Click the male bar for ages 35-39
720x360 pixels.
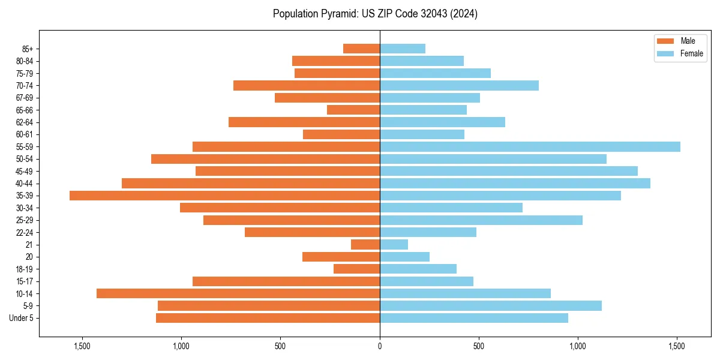224,196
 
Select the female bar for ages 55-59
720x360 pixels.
530,146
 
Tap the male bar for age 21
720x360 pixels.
365,245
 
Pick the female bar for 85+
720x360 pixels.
403,49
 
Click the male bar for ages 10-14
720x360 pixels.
238,293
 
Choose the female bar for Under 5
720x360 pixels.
474,318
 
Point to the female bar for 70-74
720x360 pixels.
459,85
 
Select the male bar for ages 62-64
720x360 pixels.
304,122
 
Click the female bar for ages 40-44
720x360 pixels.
515,183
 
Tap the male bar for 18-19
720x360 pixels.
357,269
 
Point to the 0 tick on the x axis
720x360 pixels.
380,346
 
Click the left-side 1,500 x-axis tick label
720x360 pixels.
82,346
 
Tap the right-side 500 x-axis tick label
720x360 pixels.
479,346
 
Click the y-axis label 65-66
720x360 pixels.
25,110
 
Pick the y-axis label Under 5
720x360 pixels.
21,318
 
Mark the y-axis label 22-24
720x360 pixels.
25,233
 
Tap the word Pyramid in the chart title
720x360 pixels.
337,14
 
